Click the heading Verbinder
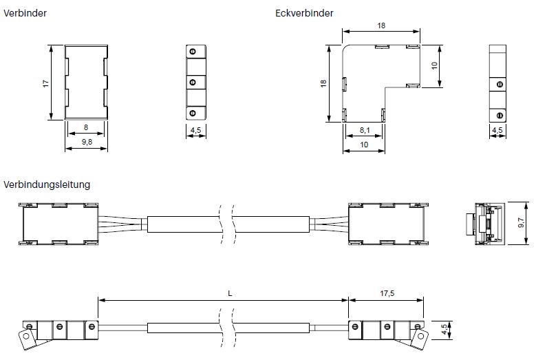point(25,13)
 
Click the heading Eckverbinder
point(304,13)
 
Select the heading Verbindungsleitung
point(47,184)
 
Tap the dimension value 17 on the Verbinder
point(46,83)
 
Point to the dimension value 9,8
point(87,142)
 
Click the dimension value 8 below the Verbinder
point(86,127)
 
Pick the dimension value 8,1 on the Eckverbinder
point(365,130)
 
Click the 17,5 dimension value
point(387,293)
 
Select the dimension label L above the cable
point(230,293)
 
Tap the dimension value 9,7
point(521,222)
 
